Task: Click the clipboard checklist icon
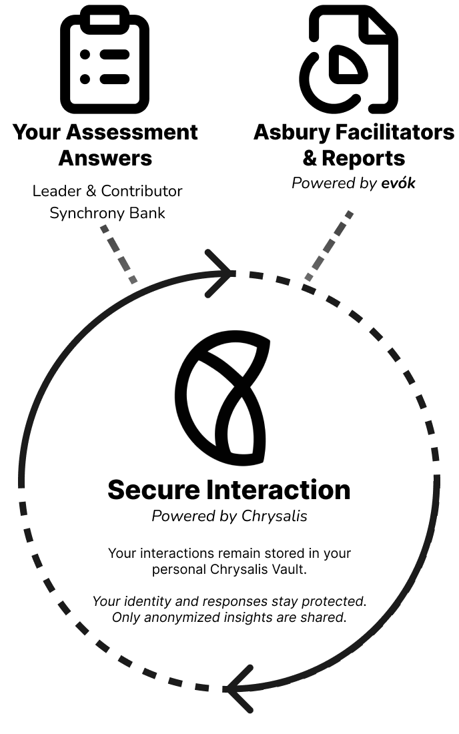[x=105, y=60]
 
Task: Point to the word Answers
[x=105, y=159]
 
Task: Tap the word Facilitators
[x=394, y=132]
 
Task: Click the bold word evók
[x=398, y=183]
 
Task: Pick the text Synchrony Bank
[x=107, y=214]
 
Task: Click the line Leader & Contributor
[x=107, y=192]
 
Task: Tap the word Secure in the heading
[x=154, y=490]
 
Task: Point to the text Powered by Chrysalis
[x=229, y=516]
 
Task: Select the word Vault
[x=287, y=570]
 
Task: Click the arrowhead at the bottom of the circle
[x=239, y=688]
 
